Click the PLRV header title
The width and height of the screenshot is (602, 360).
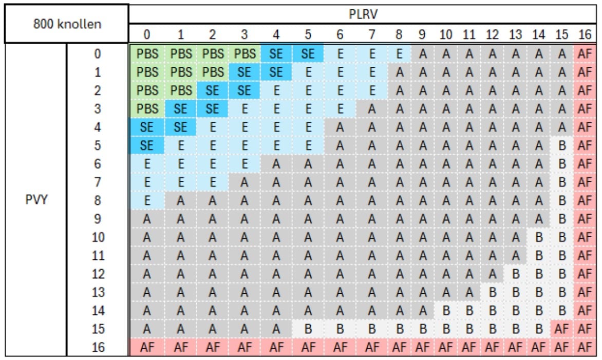coord(363,14)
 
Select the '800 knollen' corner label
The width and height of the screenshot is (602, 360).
coord(66,24)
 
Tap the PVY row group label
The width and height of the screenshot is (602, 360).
coord(36,200)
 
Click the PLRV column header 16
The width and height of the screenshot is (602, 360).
coord(585,35)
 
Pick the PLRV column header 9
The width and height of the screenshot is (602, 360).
coord(422,35)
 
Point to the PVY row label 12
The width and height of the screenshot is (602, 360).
coord(98,274)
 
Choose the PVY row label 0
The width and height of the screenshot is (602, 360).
coord(98,54)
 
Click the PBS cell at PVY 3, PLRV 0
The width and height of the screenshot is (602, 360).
coord(147,109)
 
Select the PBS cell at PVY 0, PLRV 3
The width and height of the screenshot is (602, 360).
coord(244,54)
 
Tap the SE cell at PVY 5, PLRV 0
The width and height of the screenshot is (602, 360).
coord(147,146)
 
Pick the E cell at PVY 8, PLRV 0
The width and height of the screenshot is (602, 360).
coord(147,201)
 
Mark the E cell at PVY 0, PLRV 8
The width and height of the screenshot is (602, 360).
coord(399,54)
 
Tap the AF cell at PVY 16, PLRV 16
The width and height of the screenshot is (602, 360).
coord(585,348)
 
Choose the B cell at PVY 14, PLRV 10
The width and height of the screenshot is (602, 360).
coord(446,311)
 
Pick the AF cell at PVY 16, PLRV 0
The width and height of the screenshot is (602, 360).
coord(147,348)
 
